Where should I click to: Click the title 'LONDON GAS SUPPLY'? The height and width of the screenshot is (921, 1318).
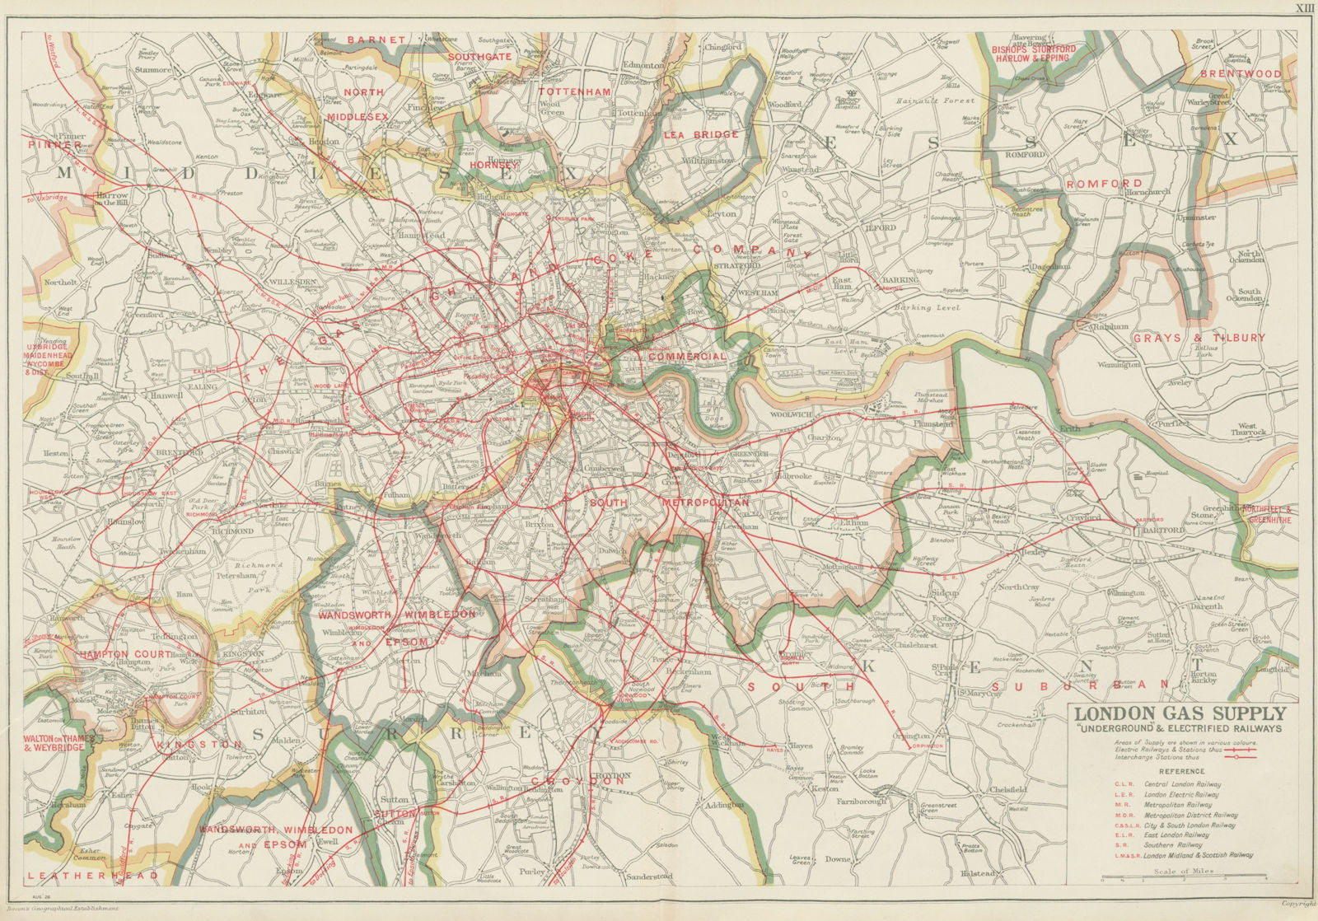pos(1180,713)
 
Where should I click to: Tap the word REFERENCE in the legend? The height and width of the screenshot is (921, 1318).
pos(1180,771)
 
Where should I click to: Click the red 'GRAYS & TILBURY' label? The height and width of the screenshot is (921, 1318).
pos(1198,338)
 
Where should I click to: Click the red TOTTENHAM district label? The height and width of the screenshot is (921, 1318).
pos(575,91)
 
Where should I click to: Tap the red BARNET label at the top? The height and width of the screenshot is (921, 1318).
pos(376,40)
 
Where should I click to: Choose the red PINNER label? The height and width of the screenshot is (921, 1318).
pos(55,145)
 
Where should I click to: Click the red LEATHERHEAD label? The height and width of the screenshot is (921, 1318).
pos(66,876)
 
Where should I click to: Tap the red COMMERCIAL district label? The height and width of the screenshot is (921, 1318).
pos(687,357)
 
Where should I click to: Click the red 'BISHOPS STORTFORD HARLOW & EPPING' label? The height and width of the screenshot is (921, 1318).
pos(1035,54)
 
